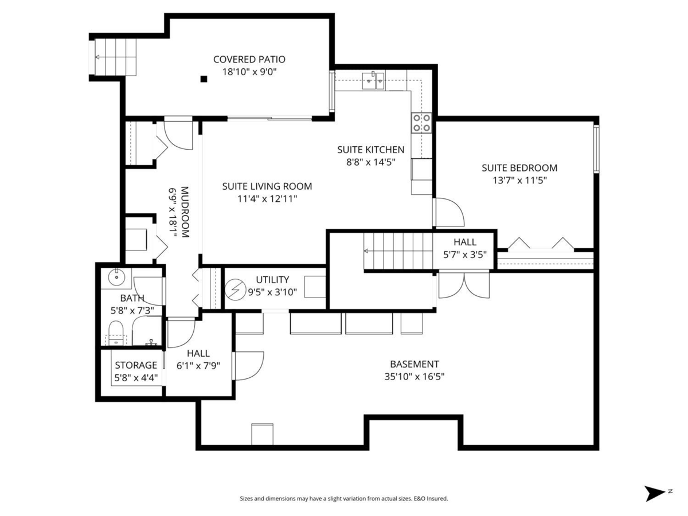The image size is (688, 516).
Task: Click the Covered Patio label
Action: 249,60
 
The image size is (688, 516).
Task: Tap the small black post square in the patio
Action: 204,79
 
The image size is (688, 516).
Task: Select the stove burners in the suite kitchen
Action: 421,122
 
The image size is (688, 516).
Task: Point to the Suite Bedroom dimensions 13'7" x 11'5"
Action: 519,180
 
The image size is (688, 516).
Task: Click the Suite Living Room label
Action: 267,186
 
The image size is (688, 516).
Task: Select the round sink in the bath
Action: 116,277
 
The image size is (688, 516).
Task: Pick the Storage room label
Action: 136,365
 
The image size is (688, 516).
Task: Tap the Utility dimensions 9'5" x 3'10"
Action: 272,291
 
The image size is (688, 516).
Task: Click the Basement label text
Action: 415,364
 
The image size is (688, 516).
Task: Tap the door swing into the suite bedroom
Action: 449,212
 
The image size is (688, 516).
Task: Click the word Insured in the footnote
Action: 437,499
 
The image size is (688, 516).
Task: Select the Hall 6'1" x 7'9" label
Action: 198,359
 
